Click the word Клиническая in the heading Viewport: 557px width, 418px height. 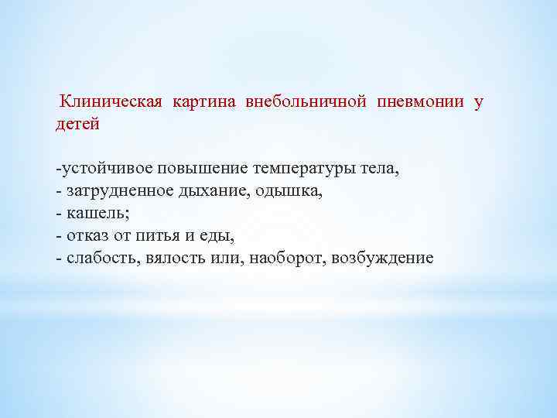[110, 102]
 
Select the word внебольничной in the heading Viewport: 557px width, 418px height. [306, 102]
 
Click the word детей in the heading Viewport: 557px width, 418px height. [77, 124]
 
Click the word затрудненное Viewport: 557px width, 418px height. [116, 190]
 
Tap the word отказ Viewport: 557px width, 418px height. [87, 235]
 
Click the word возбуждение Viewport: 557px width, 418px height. [382, 258]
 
